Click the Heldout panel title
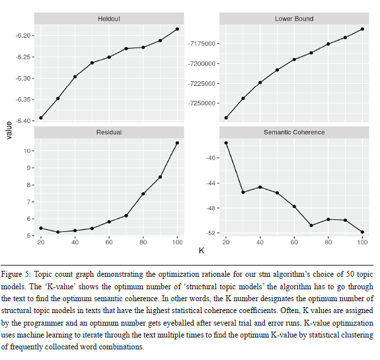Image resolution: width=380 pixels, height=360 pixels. point(109,19)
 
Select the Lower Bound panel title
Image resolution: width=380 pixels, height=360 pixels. point(294,19)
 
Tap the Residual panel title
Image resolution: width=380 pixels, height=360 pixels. point(109,132)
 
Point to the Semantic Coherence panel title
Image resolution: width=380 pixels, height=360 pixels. point(294,132)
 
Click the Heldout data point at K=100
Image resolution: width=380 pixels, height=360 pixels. point(177,29)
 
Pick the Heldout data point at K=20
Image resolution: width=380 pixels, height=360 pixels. point(41,118)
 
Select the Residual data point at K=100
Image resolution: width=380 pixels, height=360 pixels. point(177,143)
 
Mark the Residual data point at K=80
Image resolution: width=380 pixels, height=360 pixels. point(143,194)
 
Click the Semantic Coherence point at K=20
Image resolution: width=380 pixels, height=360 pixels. point(226,143)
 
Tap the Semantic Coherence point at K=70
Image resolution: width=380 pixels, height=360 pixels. point(311,225)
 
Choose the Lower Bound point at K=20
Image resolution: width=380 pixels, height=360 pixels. point(226,118)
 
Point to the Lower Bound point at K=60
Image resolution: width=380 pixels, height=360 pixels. point(294,59)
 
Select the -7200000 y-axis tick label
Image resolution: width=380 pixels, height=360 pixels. point(202,63)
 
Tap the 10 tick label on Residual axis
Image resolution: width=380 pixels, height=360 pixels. point(27,151)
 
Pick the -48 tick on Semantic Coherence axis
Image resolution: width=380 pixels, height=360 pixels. point(211,208)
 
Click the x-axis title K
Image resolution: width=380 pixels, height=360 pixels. point(202,250)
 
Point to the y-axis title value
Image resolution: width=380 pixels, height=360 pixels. point(9,130)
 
